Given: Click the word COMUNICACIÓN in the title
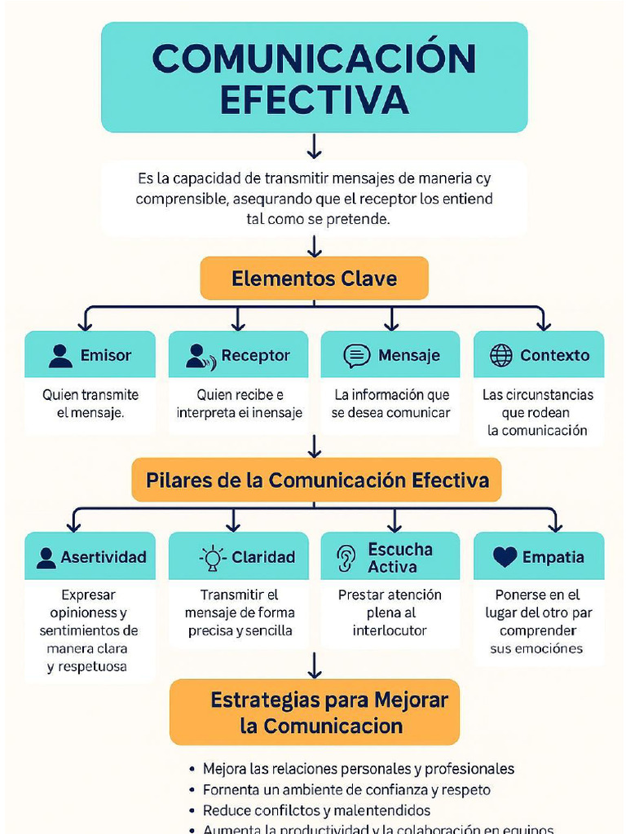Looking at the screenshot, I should coord(314,59).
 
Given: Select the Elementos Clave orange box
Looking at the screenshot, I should coord(314,279).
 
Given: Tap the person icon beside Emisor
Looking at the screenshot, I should coord(60,356).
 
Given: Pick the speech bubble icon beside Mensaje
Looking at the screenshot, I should coord(356,356).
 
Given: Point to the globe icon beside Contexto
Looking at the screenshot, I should coord(501,355).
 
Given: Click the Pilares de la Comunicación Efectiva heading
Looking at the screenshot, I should coord(317,480).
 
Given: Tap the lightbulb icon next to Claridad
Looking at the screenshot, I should coord(213,557).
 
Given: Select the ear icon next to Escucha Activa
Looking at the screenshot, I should coord(347,558).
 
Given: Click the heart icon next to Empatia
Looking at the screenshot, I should coord(505,557).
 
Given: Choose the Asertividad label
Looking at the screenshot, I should coord(103,557).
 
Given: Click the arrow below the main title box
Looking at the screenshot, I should coord(315,147).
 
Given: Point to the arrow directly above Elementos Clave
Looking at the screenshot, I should coord(315,246).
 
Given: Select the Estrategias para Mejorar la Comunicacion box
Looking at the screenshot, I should coord(315,713).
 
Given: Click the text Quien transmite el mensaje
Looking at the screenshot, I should coord(90,404).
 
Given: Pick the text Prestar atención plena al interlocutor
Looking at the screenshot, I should coord(390,612).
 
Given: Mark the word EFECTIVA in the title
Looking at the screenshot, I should coord(314,99).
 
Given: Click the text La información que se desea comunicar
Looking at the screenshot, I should coord(390,404).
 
